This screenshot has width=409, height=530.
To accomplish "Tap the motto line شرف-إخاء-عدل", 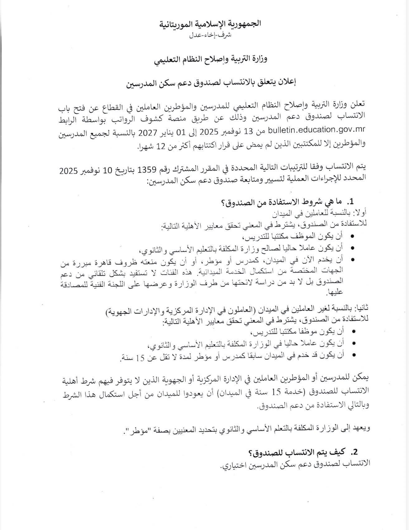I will [211, 35].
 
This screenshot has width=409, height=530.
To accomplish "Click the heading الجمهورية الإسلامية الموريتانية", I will [211, 24].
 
